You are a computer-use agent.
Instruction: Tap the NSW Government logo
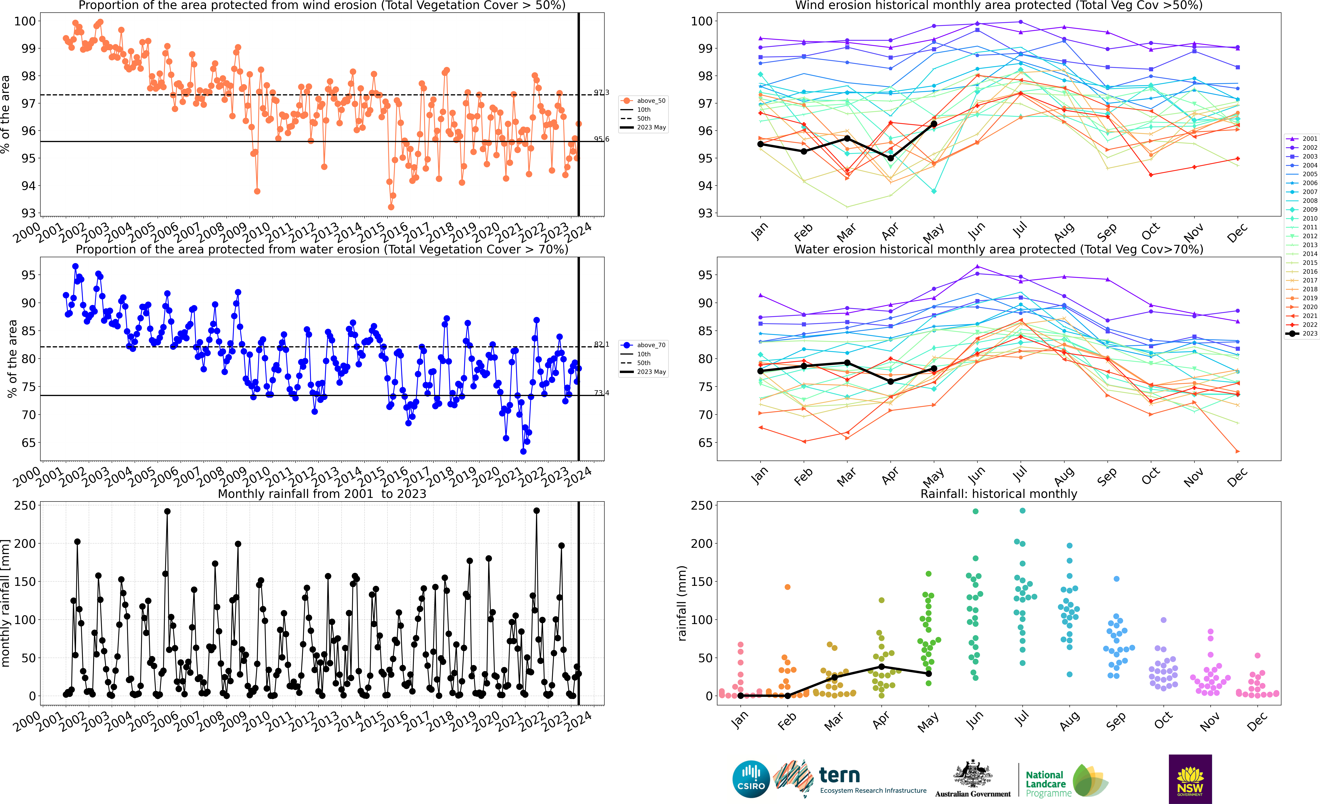1190,779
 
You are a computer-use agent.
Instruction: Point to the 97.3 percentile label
601,93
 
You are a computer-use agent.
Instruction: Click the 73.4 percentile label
601,393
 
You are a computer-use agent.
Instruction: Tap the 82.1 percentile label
601,344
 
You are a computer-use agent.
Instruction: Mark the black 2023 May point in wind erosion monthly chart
934,124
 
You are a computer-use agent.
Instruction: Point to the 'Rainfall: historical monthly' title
999,494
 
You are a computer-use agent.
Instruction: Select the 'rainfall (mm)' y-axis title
682,603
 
